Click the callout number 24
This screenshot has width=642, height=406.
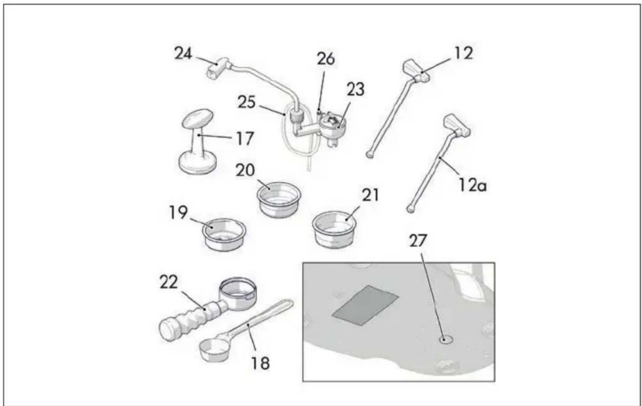click(x=183, y=53)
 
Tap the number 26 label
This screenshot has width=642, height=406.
click(x=326, y=59)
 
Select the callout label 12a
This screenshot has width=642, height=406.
click(x=472, y=185)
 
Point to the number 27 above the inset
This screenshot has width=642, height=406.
click(x=418, y=241)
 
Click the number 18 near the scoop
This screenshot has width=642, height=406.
click(x=261, y=363)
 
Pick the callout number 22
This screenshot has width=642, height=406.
click(x=169, y=282)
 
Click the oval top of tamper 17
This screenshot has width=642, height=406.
click(x=198, y=118)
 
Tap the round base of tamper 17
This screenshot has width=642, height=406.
click(x=197, y=163)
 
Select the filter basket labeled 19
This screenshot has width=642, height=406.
click(x=224, y=234)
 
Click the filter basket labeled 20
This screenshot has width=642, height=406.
click(x=279, y=199)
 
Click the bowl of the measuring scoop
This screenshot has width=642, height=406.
click(x=213, y=350)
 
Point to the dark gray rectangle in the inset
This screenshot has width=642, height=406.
click(x=365, y=306)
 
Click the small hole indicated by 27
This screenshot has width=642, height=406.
click(x=445, y=340)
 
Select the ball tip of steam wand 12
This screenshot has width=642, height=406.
click(x=370, y=155)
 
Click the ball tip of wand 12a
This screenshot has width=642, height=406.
click(x=411, y=209)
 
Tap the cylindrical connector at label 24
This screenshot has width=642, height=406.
click(x=217, y=69)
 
